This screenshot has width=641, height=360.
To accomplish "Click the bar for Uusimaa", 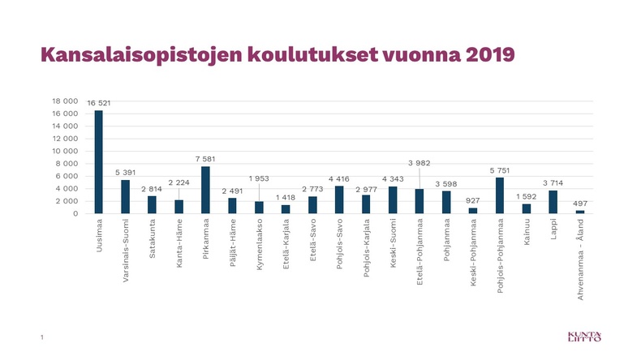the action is click(x=98, y=162).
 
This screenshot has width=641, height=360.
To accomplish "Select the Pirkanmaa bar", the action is click(x=205, y=190).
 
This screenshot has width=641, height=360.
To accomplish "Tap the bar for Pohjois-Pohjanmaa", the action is click(x=500, y=195).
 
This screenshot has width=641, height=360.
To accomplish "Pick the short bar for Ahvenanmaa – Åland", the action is click(x=580, y=212).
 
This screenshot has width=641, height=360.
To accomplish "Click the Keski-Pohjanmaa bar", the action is click(x=472, y=211).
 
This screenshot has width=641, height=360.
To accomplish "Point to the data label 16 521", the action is click(x=98, y=103).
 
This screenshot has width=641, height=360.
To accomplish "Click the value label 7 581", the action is click(x=205, y=159).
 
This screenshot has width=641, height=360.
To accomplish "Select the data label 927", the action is click(x=472, y=200).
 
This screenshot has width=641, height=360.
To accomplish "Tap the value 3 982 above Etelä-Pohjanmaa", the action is click(x=419, y=163).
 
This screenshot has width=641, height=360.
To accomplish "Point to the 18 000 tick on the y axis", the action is click(x=65, y=101).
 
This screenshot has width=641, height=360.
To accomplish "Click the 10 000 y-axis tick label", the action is click(x=65, y=151).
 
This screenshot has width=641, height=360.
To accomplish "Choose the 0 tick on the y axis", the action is click(x=75, y=214).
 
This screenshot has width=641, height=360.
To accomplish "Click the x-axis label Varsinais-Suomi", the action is click(x=126, y=251).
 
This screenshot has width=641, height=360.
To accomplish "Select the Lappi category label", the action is click(x=553, y=229).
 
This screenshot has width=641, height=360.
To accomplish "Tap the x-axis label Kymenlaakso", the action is click(x=259, y=244).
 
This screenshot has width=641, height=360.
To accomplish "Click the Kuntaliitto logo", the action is click(x=584, y=336).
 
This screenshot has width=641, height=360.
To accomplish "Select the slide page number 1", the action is click(x=41, y=337).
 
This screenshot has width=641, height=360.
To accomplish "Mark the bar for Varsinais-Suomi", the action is click(x=125, y=196).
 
